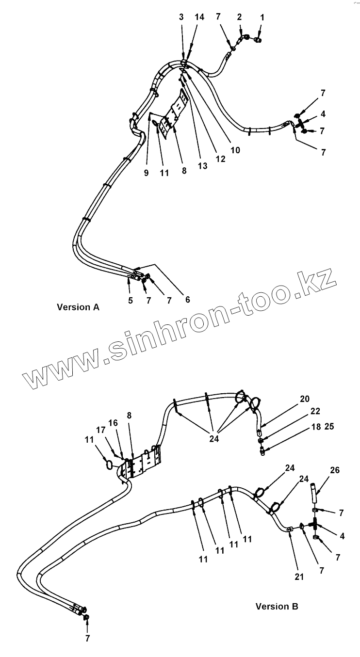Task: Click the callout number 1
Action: [x=262, y=17]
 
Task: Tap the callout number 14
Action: [x=200, y=17]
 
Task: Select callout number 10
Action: [x=235, y=150]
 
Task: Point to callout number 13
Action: [x=202, y=166]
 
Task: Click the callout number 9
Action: [x=146, y=173]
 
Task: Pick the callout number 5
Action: [x=131, y=301]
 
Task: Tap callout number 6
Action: [x=187, y=300]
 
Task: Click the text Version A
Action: [x=78, y=307]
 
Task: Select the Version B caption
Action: [x=277, y=606]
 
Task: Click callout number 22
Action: [x=315, y=411]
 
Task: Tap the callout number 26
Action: [x=335, y=470]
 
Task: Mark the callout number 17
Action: [x=100, y=430]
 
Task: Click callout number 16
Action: [x=113, y=423]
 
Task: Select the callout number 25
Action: [x=329, y=427]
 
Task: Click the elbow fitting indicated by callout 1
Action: [x=258, y=38]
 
